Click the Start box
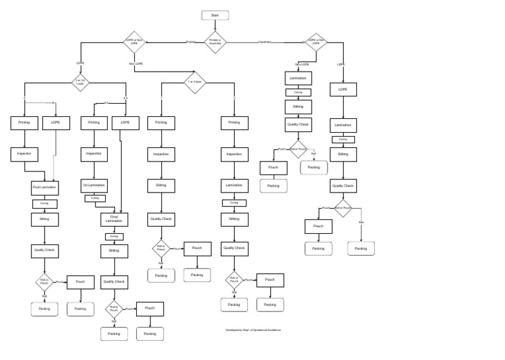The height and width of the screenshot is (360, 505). (x=215, y=15)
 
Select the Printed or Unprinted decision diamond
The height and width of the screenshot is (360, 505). (x=215, y=42)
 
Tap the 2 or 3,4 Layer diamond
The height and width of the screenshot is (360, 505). (x=80, y=82)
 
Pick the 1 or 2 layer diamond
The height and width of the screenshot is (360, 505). (x=195, y=82)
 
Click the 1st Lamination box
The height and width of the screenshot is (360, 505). (x=94, y=185)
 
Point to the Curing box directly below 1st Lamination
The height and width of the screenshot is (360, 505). (x=94, y=198)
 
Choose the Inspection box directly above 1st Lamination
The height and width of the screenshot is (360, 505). (x=94, y=153)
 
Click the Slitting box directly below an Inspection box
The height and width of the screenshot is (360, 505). (x=160, y=186)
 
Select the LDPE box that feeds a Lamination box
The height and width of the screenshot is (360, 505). (x=343, y=89)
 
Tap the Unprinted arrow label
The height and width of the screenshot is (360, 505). (x=265, y=42)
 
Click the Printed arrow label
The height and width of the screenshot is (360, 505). (x=191, y=42)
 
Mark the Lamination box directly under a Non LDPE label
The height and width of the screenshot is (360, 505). (x=298, y=78)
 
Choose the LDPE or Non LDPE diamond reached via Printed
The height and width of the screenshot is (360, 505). (x=134, y=42)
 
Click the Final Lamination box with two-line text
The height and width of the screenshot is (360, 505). (x=114, y=219)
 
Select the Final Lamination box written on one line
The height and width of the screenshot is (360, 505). (x=45, y=187)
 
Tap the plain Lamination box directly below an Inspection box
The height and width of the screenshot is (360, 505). (x=233, y=186)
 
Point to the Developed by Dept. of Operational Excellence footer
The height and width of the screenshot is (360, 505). (x=253, y=330)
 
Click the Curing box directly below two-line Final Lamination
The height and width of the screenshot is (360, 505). (x=114, y=236)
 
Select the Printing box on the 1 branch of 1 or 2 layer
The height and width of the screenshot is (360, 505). (x=160, y=122)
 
